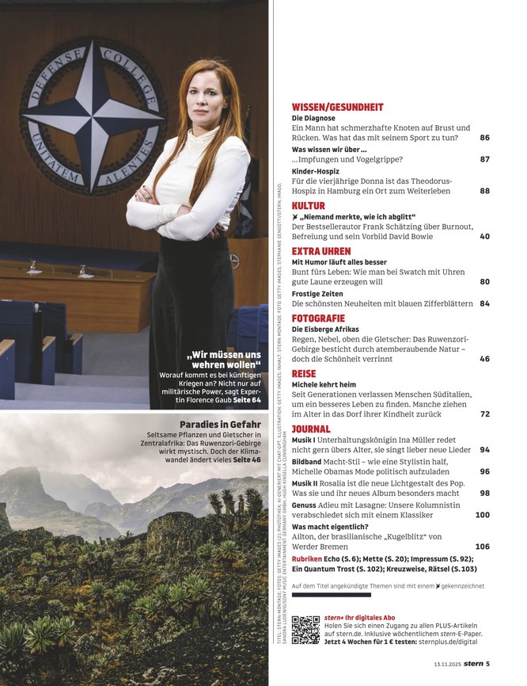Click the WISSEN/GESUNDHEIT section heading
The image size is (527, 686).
(x=337, y=107)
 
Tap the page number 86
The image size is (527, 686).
(x=484, y=138)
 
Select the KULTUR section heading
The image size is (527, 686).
(x=309, y=205)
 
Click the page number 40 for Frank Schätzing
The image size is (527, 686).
(x=484, y=236)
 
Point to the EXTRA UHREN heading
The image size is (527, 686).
(x=321, y=250)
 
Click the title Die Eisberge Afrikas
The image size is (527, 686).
(x=325, y=329)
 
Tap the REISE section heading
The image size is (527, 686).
(x=304, y=373)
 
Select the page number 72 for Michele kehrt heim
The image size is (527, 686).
(x=484, y=414)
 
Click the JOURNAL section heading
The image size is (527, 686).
(x=311, y=429)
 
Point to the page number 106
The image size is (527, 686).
(x=482, y=547)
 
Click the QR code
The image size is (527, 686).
(x=305, y=630)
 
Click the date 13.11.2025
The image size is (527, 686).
(x=447, y=665)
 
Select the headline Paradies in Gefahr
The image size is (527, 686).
(x=220, y=424)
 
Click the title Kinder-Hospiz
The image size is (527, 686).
(x=316, y=170)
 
